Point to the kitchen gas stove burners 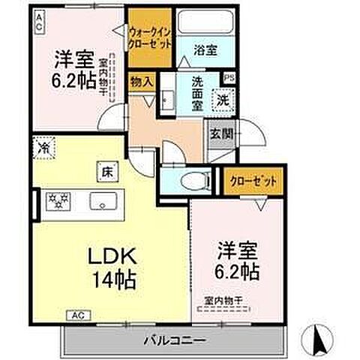58,201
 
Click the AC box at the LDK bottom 77,315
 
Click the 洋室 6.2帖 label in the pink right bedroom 237,261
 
